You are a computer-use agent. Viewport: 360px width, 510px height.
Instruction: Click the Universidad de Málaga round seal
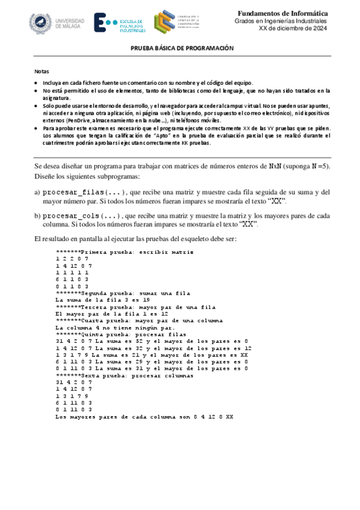41,23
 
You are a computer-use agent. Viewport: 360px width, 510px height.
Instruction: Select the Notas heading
41,71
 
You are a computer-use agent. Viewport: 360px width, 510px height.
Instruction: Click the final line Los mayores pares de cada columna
144,416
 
